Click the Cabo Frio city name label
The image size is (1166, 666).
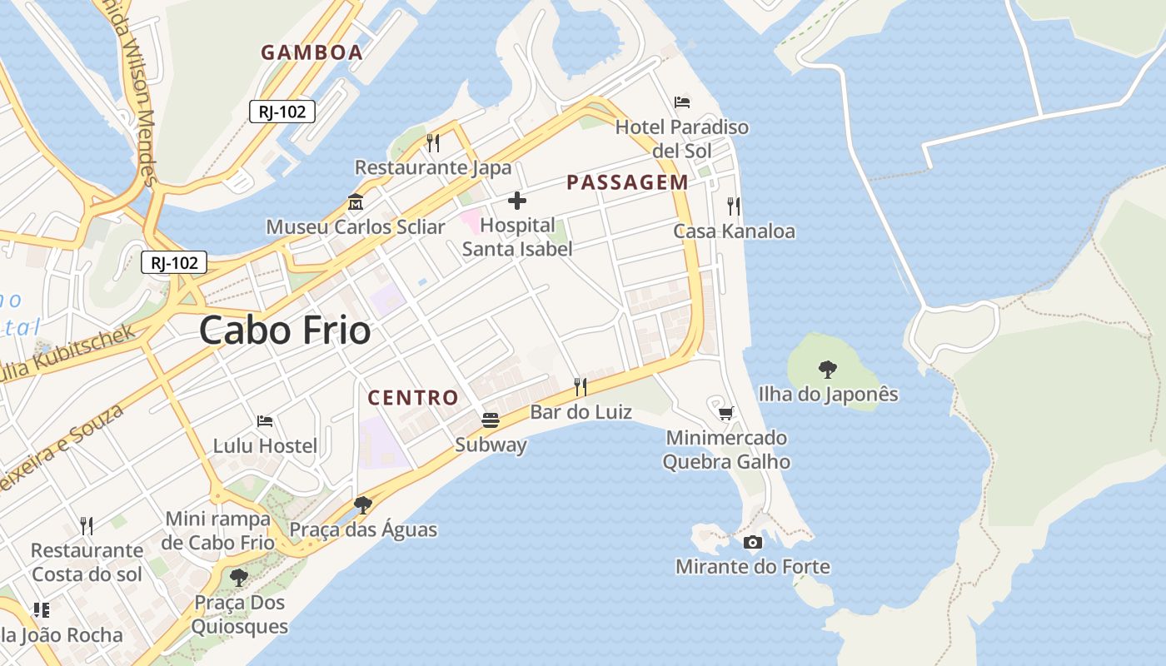coord(285,331)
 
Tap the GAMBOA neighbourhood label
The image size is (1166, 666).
coord(311,52)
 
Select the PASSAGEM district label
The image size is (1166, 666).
coord(627,182)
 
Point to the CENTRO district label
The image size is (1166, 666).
coord(413,398)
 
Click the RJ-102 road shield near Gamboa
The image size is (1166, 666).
coord(282,112)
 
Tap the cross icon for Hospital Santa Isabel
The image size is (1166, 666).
coord(517,201)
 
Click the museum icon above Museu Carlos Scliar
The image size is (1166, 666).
coord(356,202)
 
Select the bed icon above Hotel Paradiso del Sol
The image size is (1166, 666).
coord(682,102)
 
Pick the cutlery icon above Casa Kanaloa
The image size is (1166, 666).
coord(734,206)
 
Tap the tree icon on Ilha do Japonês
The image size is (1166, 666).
coord(828,369)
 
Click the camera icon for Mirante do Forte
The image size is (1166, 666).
coord(752,543)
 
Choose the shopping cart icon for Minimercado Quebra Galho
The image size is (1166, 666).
coord(726,413)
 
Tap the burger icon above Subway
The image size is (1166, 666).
coord(491,420)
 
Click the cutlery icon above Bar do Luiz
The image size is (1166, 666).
coord(581,386)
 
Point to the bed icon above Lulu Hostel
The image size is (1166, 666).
coord(265,421)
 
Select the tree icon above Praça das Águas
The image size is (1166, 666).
coord(362,504)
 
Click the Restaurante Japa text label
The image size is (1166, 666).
coord(433,167)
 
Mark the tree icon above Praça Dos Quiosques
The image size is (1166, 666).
coord(239,577)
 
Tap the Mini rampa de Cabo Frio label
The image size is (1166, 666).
coord(220,530)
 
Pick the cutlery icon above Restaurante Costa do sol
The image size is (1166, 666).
coord(87,525)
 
